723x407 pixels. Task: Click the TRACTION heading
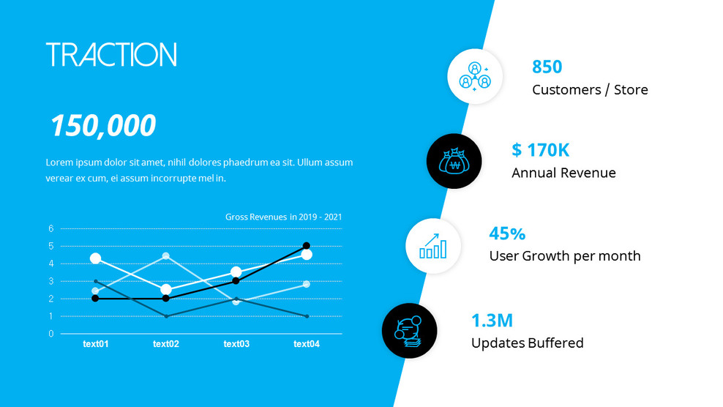(x=111, y=55)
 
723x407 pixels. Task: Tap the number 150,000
(x=102, y=126)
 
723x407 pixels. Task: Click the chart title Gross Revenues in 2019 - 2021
(x=283, y=217)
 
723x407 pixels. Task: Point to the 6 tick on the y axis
(x=51, y=228)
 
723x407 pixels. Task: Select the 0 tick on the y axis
(x=51, y=334)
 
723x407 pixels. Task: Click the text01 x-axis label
(x=95, y=344)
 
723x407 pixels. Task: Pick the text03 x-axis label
(x=236, y=344)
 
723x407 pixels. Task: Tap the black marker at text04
(x=307, y=246)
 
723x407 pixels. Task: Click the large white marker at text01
(x=95, y=258)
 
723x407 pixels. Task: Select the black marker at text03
(x=236, y=281)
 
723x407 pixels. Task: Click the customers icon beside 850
(x=474, y=76)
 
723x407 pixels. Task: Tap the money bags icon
(x=454, y=161)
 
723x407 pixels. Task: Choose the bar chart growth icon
(x=433, y=246)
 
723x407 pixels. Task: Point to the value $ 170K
(x=540, y=150)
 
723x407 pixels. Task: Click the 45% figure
(x=507, y=234)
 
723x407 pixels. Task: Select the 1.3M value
(x=492, y=320)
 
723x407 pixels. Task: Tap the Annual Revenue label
(x=563, y=173)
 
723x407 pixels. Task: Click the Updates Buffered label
(x=527, y=343)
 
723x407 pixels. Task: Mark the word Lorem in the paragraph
(x=59, y=163)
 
